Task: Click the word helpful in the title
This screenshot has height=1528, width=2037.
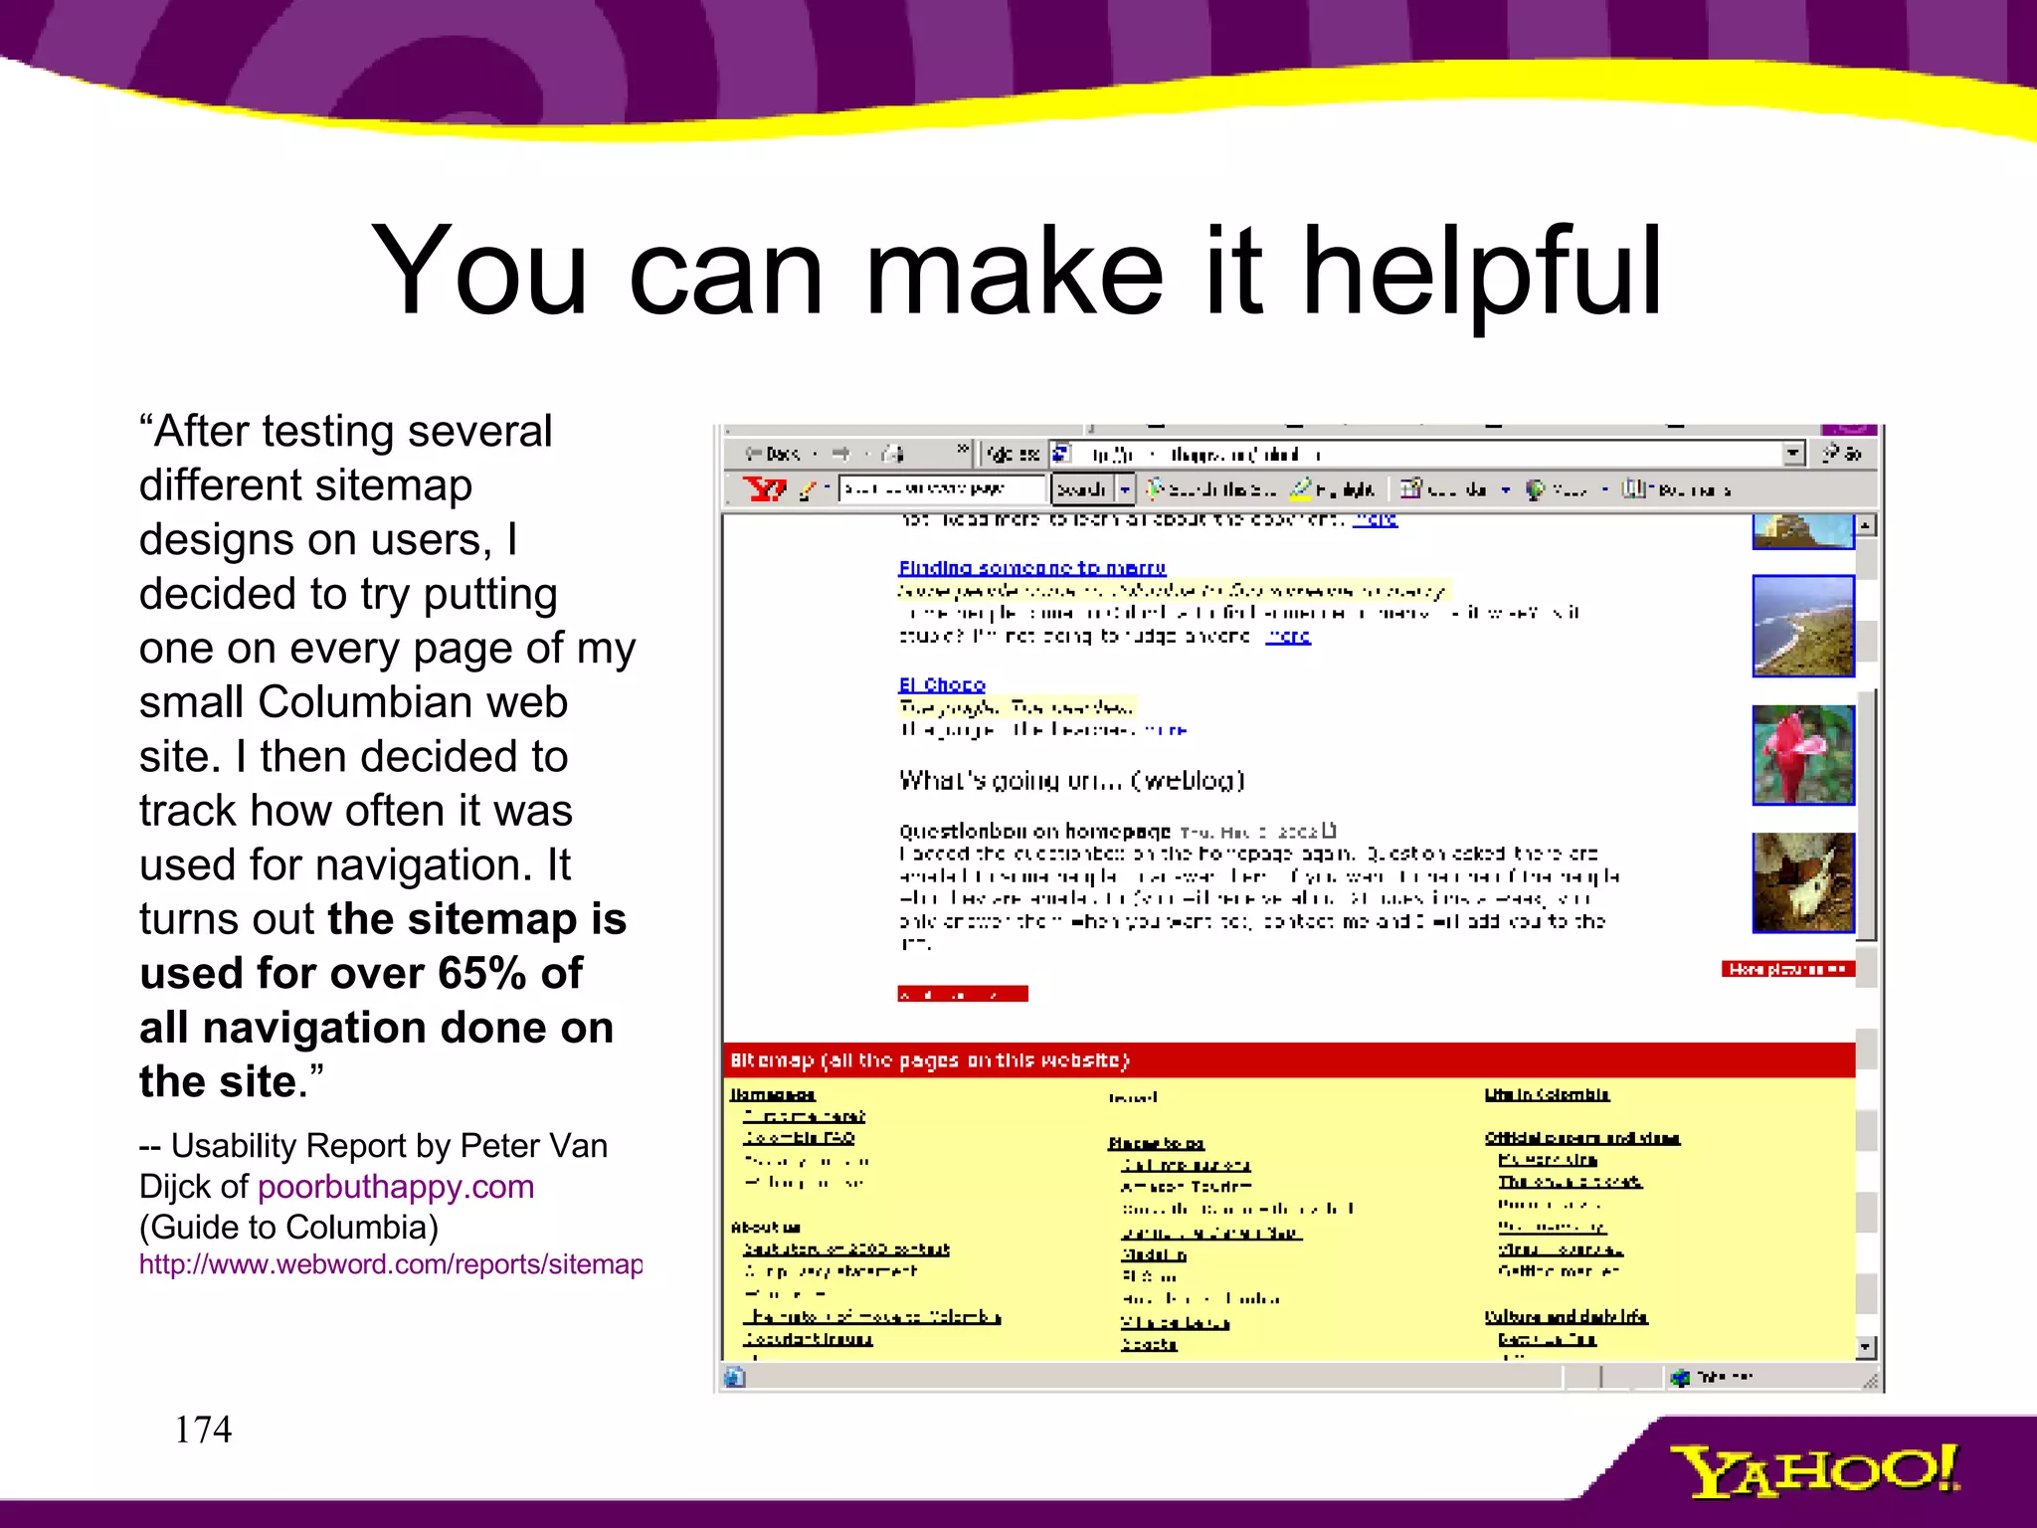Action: point(1481,271)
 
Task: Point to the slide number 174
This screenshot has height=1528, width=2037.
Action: point(203,1430)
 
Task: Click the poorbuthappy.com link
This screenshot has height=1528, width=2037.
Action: point(396,1186)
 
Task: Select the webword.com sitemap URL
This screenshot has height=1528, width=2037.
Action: point(391,1264)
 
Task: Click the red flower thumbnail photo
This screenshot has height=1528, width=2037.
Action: point(1802,754)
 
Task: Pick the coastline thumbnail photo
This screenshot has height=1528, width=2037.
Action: point(1802,626)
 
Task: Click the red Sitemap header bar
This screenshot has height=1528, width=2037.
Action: point(1288,1060)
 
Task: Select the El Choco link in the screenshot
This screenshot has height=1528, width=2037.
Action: point(941,684)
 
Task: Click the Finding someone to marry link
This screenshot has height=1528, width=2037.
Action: point(1031,568)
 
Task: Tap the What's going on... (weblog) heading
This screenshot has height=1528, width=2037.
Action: point(1071,780)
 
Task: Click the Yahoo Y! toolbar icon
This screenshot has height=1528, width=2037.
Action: point(764,488)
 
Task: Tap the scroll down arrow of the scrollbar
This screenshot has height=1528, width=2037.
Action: point(1865,1348)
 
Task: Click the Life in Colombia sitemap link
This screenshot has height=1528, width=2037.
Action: point(1547,1094)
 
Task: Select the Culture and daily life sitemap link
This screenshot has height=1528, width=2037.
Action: point(1566,1316)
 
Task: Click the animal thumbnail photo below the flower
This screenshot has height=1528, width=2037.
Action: point(1802,882)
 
